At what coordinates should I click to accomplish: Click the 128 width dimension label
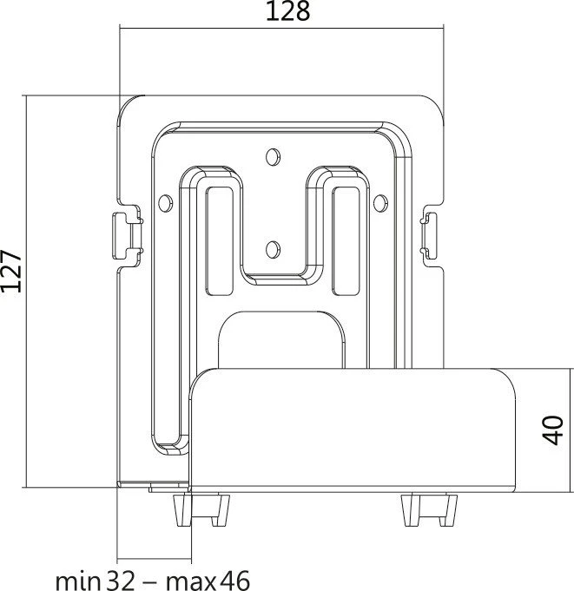pyautogui.click(x=287, y=11)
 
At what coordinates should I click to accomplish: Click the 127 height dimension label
pyautogui.click(x=10, y=271)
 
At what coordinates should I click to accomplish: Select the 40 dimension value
pyautogui.click(x=553, y=430)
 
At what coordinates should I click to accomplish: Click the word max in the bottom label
pyautogui.click(x=191, y=582)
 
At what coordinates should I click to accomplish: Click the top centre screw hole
pyautogui.click(x=273, y=157)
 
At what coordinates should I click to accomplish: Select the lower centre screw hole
pyautogui.click(x=273, y=249)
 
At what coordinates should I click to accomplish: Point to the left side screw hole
pyautogui.click(x=165, y=203)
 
